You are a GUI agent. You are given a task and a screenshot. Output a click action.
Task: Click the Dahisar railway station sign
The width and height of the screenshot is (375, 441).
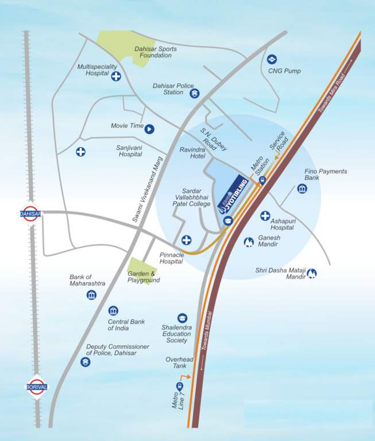click(x=30, y=213)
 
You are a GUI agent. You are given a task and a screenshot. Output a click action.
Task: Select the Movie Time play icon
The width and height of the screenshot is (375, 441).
click(x=149, y=129)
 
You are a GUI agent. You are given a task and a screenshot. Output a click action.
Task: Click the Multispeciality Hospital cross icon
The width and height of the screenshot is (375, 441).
click(x=117, y=77)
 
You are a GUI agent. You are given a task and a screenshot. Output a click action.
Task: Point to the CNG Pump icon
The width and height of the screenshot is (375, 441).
click(x=272, y=59)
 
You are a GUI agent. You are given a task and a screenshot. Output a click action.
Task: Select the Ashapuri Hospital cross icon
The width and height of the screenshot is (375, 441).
click(x=265, y=216)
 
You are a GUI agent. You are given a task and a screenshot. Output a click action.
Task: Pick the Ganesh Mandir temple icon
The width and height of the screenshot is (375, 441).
click(x=249, y=242)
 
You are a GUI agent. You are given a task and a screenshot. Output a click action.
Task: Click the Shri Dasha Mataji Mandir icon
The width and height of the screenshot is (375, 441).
click(x=312, y=273)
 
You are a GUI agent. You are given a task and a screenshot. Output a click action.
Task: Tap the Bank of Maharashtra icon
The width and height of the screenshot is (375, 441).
click(x=91, y=295)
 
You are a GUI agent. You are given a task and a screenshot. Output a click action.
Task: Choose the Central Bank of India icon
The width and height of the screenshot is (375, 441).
click(x=113, y=311)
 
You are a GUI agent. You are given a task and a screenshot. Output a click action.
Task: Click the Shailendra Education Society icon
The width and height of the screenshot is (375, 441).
click(x=182, y=317)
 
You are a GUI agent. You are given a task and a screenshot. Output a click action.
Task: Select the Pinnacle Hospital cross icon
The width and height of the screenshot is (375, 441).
click(x=186, y=240)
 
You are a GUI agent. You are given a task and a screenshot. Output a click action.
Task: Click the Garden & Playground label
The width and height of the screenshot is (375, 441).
click(x=144, y=277)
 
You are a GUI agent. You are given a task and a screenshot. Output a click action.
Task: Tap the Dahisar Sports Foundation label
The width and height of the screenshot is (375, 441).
click(x=155, y=52)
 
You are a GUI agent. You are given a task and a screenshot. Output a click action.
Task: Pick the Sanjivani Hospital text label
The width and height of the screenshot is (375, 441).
click(x=130, y=151)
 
